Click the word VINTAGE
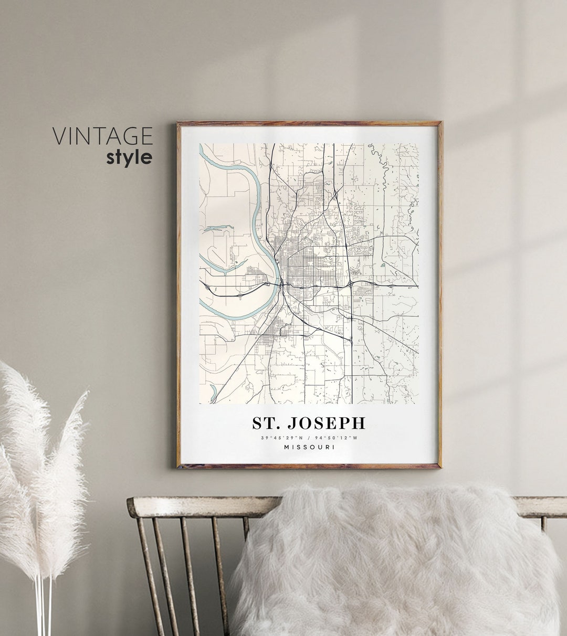(102, 136)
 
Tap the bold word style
(129, 157)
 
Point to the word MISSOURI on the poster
(309, 447)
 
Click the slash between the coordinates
(309, 438)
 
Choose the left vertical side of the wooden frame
(179, 294)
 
